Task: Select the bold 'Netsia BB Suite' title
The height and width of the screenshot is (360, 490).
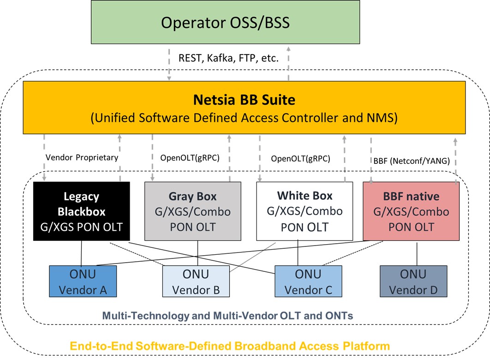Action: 244,99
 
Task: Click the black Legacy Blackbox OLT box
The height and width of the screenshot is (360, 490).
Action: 81,211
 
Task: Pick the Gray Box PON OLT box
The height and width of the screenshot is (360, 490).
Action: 193,211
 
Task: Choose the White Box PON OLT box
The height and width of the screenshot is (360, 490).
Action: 305,211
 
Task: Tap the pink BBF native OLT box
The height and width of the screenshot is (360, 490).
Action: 411,211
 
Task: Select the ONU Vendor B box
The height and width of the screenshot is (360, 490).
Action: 196,281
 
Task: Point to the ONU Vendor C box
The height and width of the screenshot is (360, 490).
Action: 308,281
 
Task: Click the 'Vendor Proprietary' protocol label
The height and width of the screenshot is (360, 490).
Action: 82,157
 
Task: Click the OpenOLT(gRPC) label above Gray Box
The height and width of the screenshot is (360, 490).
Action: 190,157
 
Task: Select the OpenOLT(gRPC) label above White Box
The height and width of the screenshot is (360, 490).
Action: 300,159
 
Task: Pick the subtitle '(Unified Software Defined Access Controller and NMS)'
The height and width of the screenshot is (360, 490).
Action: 244,118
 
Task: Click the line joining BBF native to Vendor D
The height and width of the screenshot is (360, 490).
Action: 417,253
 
